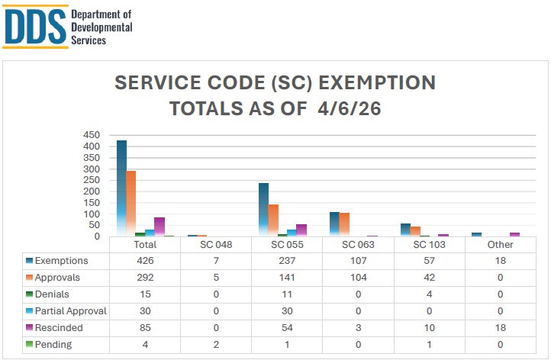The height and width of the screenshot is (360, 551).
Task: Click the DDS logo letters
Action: (x=34, y=27)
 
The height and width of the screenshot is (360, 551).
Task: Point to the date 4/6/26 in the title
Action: (x=347, y=109)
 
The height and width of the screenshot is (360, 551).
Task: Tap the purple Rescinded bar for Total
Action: (x=159, y=227)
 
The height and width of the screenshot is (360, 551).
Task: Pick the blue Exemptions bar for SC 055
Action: (x=263, y=209)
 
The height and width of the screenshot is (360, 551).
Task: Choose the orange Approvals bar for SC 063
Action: (x=344, y=224)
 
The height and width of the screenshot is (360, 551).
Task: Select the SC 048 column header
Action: (x=216, y=245)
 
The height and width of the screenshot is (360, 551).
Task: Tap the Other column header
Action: (x=501, y=245)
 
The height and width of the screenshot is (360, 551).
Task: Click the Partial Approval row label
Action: (x=70, y=311)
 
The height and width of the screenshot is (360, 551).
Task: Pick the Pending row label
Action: (x=53, y=344)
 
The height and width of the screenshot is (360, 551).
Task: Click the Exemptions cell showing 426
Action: (x=145, y=261)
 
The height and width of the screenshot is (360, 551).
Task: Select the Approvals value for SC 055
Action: (x=287, y=278)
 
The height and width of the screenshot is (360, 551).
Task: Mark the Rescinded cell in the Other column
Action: (x=501, y=328)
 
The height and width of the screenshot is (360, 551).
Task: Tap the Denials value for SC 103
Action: (x=429, y=294)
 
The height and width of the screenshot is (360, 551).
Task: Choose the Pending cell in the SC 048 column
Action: (x=216, y=344)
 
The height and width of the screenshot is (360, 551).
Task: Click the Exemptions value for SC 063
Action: (x=358, y=261)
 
